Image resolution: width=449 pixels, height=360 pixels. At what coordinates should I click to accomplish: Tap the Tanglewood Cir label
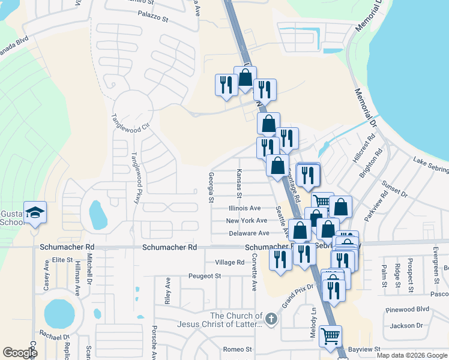pyautogui.click(x=129, y=119)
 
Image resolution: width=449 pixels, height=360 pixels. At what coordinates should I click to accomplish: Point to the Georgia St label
pyautogui.click(x=211, y=188)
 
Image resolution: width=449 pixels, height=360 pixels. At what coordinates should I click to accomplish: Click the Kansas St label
pyautogui.click(x=238, y=184)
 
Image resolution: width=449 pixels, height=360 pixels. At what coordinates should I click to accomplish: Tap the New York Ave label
pyautogui.click(x=246, y=221)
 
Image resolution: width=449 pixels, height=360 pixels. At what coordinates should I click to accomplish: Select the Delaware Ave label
pyautogui.click(x=247, y=233)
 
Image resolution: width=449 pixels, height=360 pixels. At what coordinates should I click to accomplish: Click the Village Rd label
pyautogui.click(x=229, y=262)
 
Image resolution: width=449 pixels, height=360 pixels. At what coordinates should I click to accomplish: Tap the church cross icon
pyautogui.click(x=271, y=318)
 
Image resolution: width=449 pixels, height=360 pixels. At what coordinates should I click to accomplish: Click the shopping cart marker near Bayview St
pyautogui.click(x=330, y=336)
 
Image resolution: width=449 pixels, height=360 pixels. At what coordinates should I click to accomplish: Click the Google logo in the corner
pyautogui.click(x=20, y=353)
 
